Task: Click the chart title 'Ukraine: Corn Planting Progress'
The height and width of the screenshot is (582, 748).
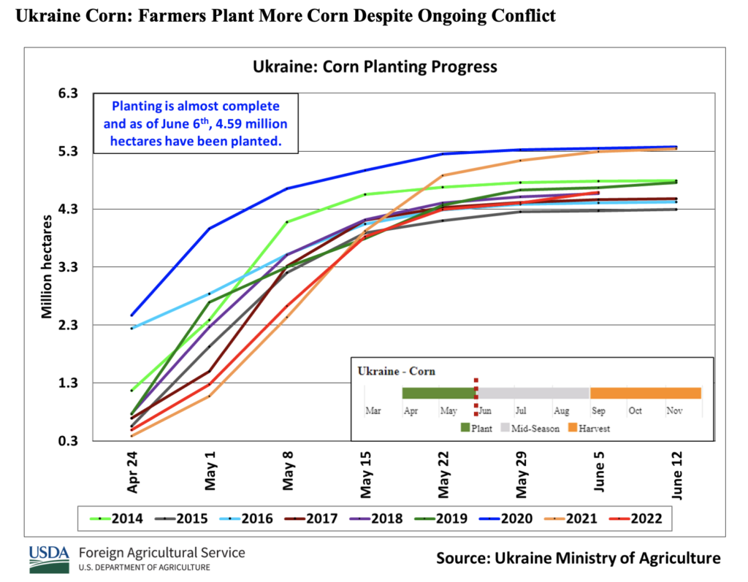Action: (375, 66)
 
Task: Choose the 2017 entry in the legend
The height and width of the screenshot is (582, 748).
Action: (310, 519)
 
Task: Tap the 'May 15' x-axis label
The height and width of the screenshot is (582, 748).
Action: (367, 475)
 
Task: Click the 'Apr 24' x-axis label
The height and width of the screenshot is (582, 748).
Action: (133, 475)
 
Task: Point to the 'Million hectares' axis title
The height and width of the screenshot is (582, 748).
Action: (46, 267)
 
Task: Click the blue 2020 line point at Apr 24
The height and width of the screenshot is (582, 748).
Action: (132, 315)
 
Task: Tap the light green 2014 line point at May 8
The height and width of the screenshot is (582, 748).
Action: (288, 222)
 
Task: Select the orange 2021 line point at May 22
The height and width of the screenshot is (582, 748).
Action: (443, 175)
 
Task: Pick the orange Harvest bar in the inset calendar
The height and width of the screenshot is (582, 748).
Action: (645, 393)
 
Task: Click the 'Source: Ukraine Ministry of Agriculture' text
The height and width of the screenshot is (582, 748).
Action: (578, 559)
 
